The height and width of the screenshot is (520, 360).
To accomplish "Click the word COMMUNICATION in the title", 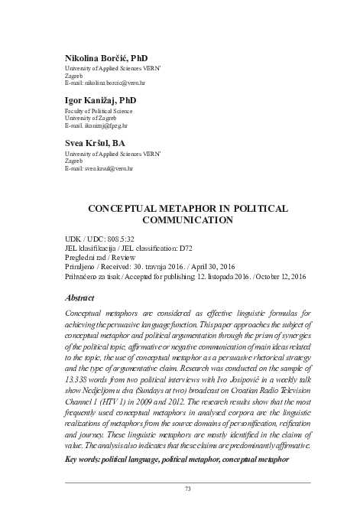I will (188, 219).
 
